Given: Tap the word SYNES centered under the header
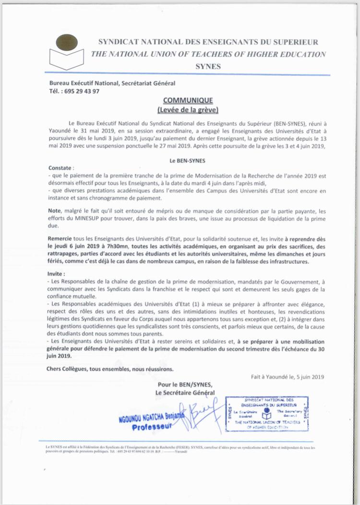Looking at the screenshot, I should click(208, 66).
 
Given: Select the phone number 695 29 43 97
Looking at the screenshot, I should click(82, 91).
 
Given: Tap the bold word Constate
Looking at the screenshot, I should click(62, 168).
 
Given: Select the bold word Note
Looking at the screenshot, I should click(55, 211).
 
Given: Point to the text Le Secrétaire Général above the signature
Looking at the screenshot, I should click(185, 393).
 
